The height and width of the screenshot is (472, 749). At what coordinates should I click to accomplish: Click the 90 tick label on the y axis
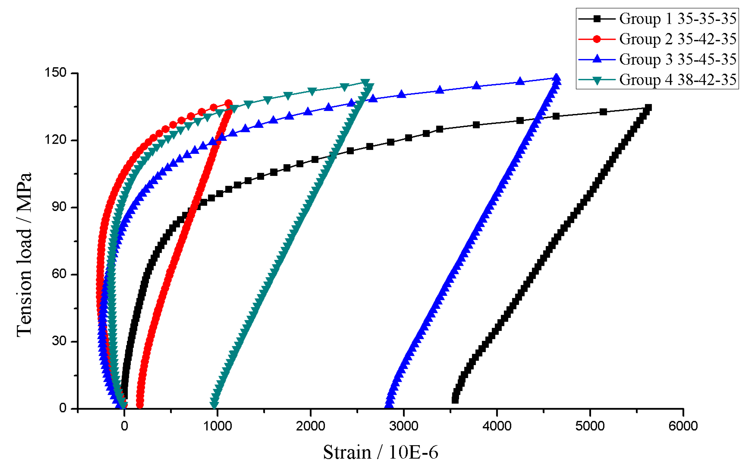point(59,207)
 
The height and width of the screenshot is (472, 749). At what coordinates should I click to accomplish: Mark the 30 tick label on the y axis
point(59,341)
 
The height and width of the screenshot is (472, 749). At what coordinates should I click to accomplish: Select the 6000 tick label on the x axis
point(683,426)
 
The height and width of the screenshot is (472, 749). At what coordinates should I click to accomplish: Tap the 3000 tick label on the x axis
point(404,426)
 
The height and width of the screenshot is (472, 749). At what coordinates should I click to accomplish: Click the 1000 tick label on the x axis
point(217,426)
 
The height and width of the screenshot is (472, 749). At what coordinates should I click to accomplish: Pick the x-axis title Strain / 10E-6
point(380,452)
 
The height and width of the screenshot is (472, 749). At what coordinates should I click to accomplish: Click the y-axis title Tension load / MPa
point(24,254)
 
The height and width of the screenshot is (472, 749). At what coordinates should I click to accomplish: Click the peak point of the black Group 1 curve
point(648,108)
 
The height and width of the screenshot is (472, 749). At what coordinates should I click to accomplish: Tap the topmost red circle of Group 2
point(228,103)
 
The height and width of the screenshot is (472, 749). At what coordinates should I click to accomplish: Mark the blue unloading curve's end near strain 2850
point(389,404)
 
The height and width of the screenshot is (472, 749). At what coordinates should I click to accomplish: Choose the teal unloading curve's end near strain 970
point(214,404)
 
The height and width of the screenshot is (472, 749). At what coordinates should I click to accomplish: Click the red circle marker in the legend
point(597,39)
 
